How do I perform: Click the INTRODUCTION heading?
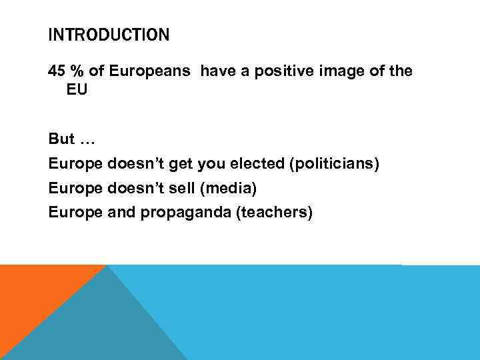pos(109,35)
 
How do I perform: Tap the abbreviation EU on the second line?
pos(77,89)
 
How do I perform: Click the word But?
pos(61,140)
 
